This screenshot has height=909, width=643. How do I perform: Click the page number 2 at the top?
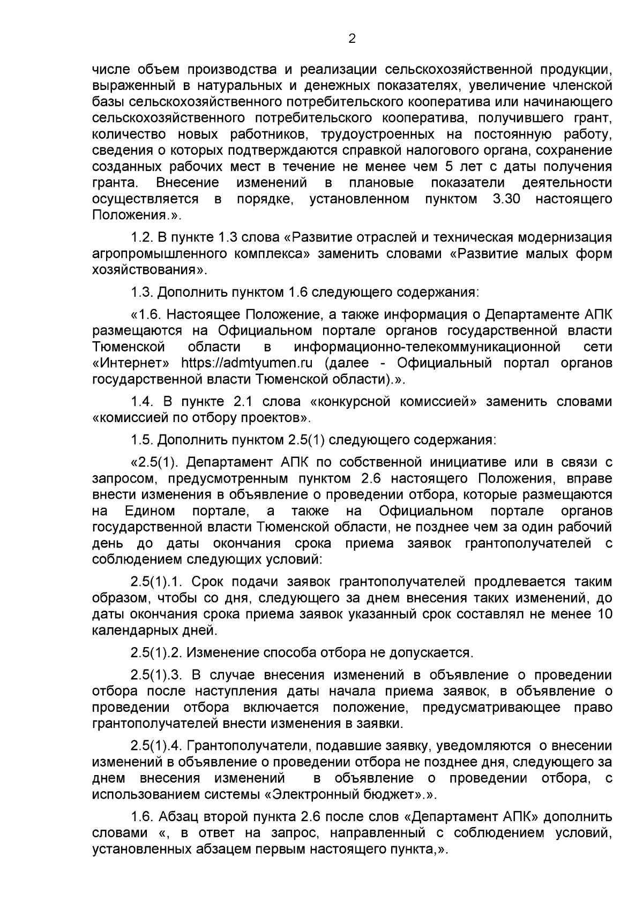[352, 39]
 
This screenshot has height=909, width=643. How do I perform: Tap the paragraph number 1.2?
[141, 237]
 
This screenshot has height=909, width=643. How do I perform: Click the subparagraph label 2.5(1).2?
[156, 652]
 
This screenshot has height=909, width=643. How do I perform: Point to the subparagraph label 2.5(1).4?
[156, 746]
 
